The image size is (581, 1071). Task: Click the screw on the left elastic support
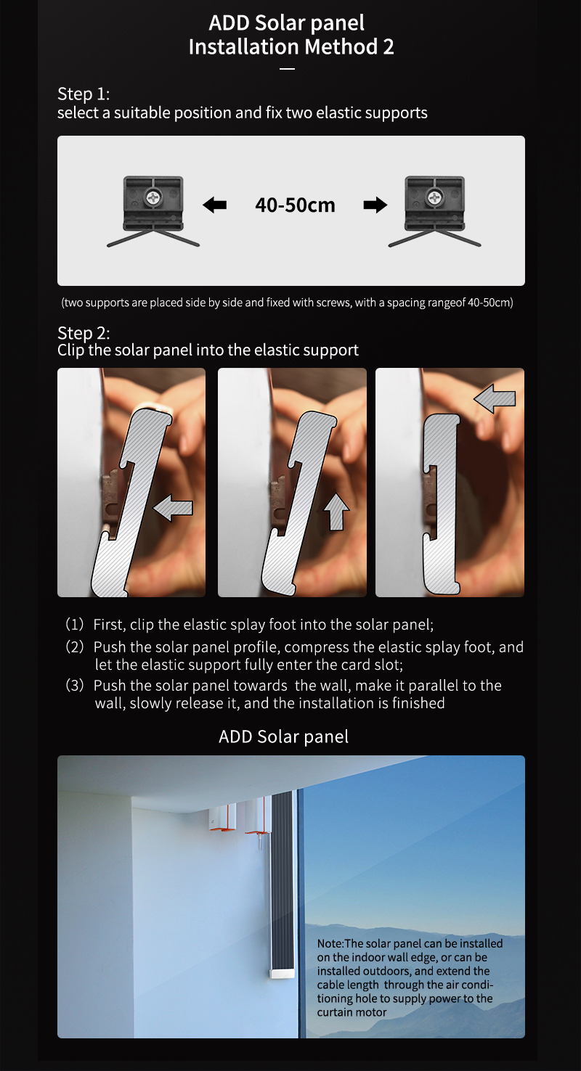coord(153,197)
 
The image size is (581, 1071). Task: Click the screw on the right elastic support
coord(434,197)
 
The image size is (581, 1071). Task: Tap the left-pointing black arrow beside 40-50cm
coord(214,205)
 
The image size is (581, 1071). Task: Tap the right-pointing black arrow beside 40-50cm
coord(375,205)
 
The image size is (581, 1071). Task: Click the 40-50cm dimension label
coord(295,205)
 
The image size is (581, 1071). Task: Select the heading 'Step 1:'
coord(84,94)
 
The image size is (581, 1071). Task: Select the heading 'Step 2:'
coord(84,332)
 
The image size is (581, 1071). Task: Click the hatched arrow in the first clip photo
coord(173,508)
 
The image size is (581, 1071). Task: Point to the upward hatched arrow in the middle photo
coord(336,512)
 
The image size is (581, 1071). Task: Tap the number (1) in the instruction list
coord(75,624)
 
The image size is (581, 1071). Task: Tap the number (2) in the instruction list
coord(75,647)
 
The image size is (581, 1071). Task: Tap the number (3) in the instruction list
coord(75,685)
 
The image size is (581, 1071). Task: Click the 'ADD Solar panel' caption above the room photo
coord(283,736)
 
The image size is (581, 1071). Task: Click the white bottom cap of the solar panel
coord(281,973)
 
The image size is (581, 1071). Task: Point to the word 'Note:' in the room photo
coord(330,943)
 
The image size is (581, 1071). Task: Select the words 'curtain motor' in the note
coord(352,1012)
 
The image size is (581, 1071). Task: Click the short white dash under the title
coord(287,69)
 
